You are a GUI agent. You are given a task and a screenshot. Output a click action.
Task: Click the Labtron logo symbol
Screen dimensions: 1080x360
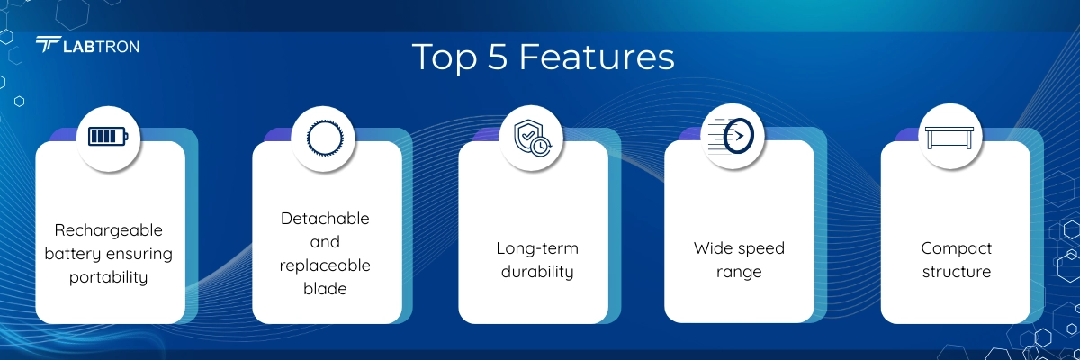49,44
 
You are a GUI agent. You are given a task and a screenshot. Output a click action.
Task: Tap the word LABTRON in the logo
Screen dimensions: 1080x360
101,47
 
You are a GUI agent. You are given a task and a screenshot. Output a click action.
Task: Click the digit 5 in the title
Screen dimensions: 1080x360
498,57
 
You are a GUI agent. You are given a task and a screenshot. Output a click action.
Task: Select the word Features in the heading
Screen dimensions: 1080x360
597,57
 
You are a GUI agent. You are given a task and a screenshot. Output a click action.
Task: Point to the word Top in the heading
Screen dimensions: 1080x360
445,58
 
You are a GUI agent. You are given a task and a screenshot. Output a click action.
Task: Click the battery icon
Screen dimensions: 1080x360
109,137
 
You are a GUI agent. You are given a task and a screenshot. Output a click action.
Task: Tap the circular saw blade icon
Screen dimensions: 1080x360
325,138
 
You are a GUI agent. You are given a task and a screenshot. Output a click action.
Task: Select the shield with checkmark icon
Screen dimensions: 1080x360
532,139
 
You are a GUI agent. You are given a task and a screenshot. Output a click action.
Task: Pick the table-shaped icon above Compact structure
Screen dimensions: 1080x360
949,138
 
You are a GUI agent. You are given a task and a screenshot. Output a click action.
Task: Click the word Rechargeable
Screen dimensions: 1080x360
109,230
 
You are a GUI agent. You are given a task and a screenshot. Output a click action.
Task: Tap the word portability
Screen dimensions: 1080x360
109,277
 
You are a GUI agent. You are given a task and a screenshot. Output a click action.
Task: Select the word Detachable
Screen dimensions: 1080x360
325,219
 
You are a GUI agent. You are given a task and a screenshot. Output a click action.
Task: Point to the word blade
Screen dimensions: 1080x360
325,289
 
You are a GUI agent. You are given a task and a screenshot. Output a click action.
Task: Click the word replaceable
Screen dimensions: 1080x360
325,265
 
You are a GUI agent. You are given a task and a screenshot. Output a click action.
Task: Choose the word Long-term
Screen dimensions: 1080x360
537,248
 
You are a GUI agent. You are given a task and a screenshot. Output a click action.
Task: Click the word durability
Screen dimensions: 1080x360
537,272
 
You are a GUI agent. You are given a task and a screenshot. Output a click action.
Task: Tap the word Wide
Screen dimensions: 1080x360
714,248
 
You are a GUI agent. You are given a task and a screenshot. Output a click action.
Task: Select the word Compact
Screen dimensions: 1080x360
956,249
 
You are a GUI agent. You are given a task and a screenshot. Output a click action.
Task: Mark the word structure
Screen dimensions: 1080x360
957,272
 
